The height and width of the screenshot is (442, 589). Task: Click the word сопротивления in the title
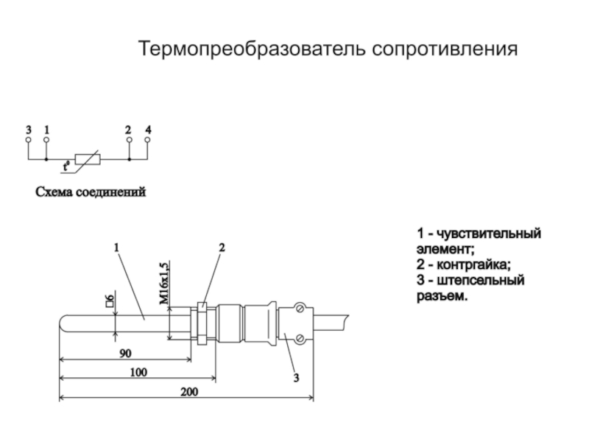tap(446, 50)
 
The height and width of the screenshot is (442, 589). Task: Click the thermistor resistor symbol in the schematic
tap(86, 158)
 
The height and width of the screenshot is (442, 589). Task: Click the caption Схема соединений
tap(92, 192)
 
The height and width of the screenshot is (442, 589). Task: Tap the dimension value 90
tap(127, 354)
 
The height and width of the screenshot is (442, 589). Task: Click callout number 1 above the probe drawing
tap(116, 248)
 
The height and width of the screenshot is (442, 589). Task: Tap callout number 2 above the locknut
tap(220, 248)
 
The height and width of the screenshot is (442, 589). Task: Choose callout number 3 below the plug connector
tap(295, 379)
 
